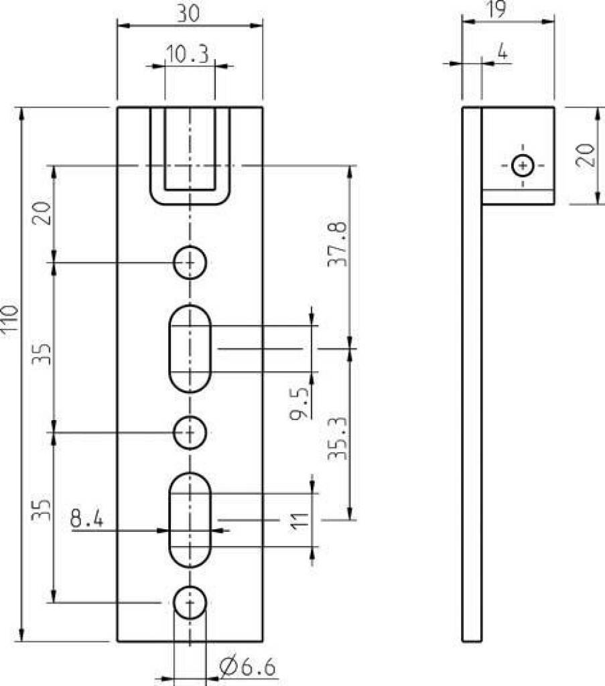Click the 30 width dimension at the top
[188, 13]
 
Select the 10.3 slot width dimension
[187, 54]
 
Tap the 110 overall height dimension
[9, 321]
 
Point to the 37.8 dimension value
[338, 244]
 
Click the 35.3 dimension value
[338, 438]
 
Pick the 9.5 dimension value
[299, 403]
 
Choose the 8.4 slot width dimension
[86, 519]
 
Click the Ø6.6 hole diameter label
[248, 667]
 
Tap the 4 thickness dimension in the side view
[503, 52]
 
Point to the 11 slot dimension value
[301, 521]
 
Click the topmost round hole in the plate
[190, 263]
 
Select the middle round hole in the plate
[190, 432]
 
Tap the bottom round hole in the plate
[190, 602]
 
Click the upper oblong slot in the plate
[190, 348]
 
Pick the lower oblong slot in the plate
[190, 520]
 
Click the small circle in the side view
[523, 166]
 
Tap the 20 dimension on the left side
[42, 213]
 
